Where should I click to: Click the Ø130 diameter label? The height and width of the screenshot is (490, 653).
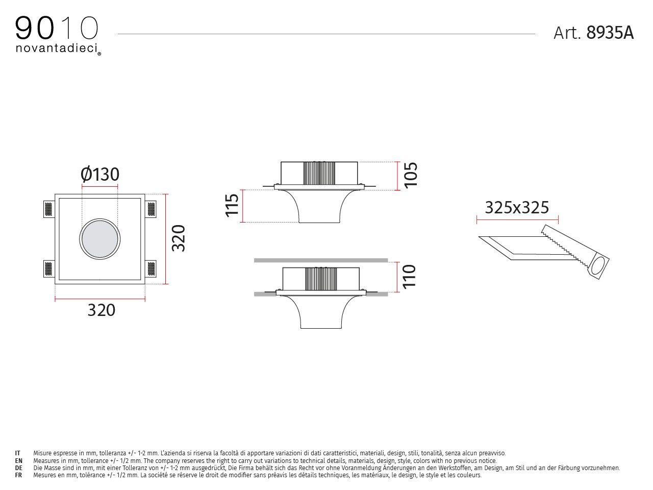click(x=100, y=175)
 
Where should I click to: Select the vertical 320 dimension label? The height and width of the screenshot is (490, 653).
click(x=178, y=238)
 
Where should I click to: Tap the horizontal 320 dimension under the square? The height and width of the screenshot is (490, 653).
click(x=101, y=310)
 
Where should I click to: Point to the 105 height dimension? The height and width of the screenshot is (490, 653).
click(x=410, y=175)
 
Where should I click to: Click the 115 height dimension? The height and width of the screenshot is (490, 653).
click(x=232, y=205)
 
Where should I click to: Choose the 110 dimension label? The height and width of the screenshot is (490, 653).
click(x=409, y=276)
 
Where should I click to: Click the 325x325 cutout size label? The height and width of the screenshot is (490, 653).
click(x=516, y=208)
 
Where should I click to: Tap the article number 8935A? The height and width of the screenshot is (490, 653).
click(x=610, y=33)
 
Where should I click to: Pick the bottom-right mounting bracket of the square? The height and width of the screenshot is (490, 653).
click(x=152, y=268)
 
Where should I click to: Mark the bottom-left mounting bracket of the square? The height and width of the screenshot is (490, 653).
click(x=48, y=268)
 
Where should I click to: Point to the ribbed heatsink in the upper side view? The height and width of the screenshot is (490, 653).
click(x=319, y=174)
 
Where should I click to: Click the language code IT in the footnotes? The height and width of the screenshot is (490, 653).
click(x=18, y=453)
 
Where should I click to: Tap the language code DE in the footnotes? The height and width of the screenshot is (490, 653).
click(x=18, y=468)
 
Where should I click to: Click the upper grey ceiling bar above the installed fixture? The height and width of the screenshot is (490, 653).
click(x=321, y=260)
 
